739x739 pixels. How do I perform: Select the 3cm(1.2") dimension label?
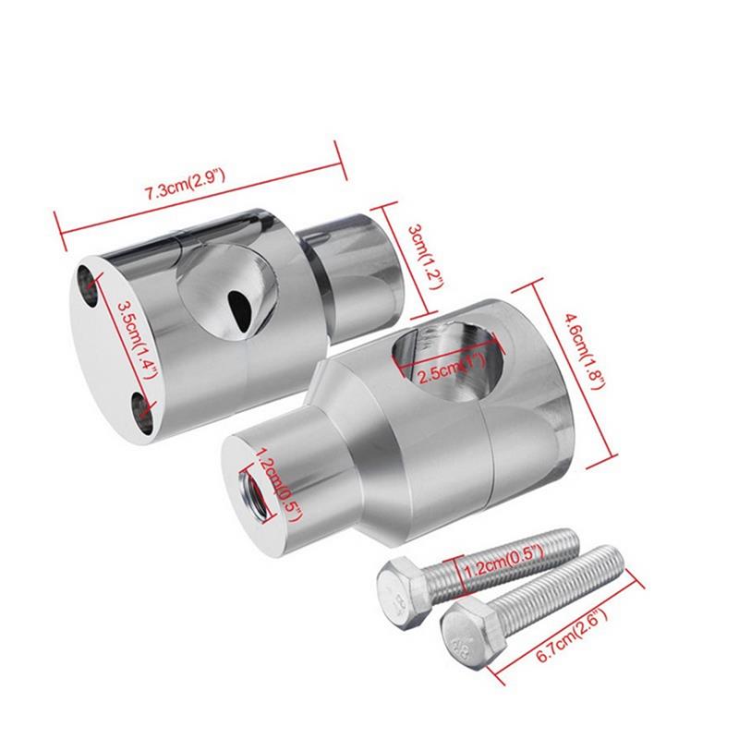tap(426, 257)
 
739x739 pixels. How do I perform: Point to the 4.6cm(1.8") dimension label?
tap(584, 351)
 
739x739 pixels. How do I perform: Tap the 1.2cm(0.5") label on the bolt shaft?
tap(504, 562)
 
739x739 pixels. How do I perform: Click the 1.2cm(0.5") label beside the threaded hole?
tap(276, 486)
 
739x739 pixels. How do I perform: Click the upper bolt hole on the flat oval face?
tap(88, 286)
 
